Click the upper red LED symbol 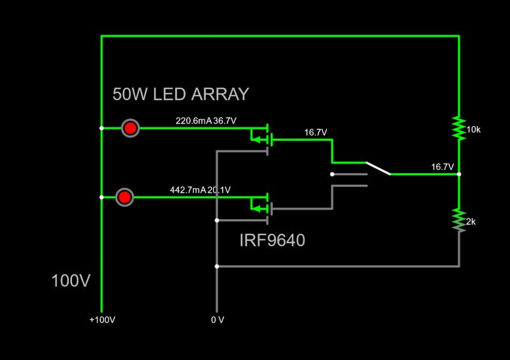[x=130, y=128]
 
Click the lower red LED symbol [x=125, y=198]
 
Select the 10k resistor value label [x=474, y=129]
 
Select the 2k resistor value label [x=471, y=222]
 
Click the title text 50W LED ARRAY [x=180, y=95]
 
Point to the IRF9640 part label [x=272, y=241]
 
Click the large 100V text [x=71, y=281]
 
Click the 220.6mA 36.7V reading [x=205, y=120]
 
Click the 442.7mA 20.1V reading [x=200, y=190]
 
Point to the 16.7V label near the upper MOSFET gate [x=316, y=133]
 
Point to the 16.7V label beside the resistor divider [x=442, y=167]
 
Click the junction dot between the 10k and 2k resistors [x=459, y=174]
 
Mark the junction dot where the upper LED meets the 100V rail [x=102, y=128]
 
